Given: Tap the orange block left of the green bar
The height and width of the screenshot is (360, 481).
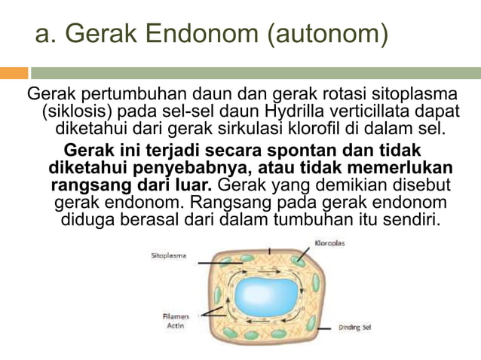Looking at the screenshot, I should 14,73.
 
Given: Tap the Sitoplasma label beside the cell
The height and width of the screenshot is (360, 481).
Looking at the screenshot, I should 169,256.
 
